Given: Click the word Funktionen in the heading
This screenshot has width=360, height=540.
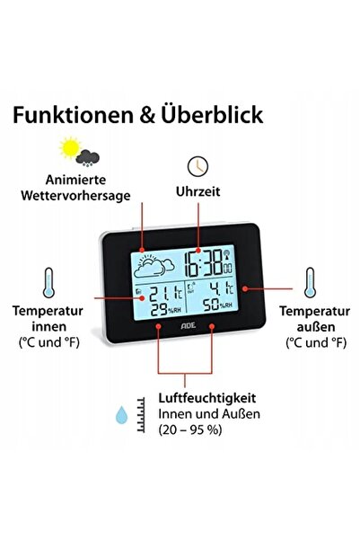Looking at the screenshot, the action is tap(73, 115).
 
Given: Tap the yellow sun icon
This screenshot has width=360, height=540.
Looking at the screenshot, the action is tap(70, 147).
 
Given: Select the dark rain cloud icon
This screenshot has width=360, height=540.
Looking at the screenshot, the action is tap(88, 158).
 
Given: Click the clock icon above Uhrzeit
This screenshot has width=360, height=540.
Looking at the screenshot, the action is tap(198, 166).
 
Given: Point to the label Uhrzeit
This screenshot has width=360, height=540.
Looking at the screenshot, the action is tap(198, 191).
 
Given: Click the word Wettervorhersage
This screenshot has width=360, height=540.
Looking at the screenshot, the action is tap(75, 196).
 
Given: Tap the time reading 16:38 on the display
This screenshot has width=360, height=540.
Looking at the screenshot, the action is tap(204, 264).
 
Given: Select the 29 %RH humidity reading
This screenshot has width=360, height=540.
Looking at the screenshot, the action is tap(166, 310).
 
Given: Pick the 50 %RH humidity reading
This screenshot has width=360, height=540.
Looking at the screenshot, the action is tap(217, 305).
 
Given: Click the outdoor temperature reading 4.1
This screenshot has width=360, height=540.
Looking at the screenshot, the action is tap(222, 288).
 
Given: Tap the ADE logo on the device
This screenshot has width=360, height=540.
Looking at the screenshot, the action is tap(189, 325).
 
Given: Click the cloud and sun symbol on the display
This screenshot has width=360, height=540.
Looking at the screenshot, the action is tap(154, 266).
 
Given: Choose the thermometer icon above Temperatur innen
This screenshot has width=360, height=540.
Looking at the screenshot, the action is tap(48, 282).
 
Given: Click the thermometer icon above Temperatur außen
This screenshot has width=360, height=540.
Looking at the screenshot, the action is tap(310, 282).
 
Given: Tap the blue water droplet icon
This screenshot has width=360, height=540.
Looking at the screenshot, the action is tap(121, 414).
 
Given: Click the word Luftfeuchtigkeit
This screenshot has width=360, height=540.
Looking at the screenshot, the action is tap(207, 398).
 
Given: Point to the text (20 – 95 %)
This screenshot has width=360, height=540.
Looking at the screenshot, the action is tap(190, 429).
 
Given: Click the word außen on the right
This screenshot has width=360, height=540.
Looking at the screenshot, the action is tap(316, 326).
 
